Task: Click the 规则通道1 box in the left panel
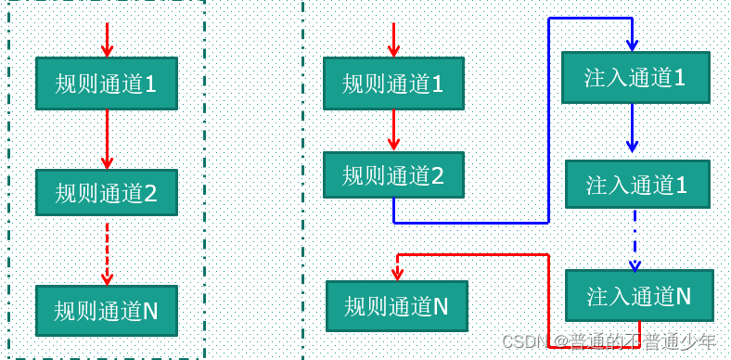[106, 84]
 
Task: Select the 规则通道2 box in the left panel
[106, 193]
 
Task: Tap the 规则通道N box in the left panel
[106, 310]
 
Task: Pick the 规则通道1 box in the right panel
[392, 84]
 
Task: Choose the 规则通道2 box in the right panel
[392, 174]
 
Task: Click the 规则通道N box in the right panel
[396, 305]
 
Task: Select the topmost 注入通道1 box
[635, 77]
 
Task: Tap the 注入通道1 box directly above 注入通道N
[636, 185]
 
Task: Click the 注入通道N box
[639, 296]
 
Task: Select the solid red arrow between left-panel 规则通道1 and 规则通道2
[107, 139]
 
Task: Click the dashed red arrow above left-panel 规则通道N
[107, 252]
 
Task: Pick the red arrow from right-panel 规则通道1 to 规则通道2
[393, 130]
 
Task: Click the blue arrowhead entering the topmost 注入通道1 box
[633, 43]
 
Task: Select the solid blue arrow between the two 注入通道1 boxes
[633, 128]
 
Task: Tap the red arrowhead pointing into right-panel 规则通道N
[397, 273]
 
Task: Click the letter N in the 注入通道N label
[682, 296]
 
